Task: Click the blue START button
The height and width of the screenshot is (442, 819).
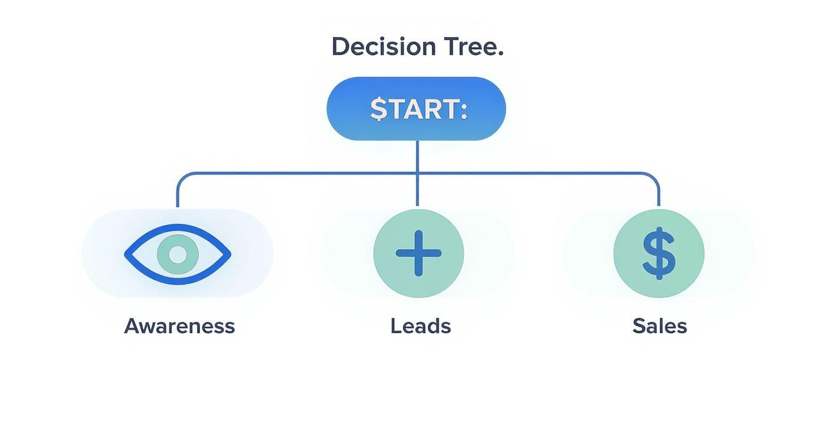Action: [x=416, y=109]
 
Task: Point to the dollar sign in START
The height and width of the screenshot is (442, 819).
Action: [x=378, y=109]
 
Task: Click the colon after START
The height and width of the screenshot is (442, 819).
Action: [x=464, y=110]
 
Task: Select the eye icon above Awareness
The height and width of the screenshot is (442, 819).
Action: [x=177, y=254]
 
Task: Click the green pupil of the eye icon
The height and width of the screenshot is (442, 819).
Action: [x=177, y=255]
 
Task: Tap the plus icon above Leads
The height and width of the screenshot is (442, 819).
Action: [x=418, y=253]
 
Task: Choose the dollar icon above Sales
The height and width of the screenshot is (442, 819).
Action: [x=658, y=253]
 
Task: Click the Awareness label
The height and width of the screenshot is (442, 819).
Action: [x=179, y=326]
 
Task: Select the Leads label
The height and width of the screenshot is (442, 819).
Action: [x=420, y=326]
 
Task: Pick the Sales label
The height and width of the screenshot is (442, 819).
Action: [x=660, y=326]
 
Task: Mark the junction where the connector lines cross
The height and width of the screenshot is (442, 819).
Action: [x=417, y=173]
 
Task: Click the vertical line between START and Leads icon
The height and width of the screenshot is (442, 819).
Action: [x=417, y=191]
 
